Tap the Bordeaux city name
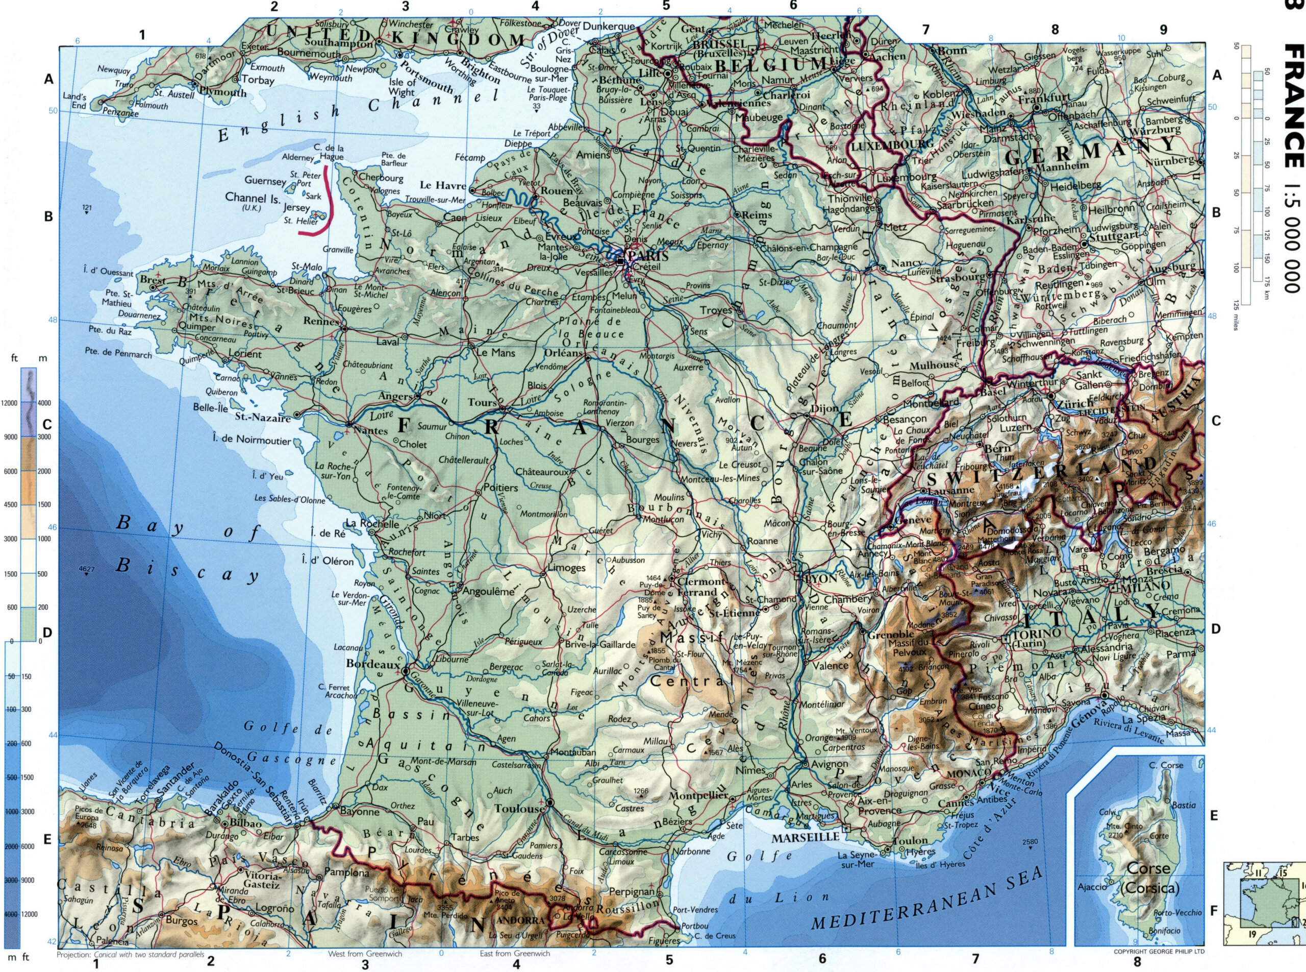coord(373,664)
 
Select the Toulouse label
coord(519,809)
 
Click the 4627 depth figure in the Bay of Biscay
coord(86,569)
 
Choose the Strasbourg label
coord(957,277)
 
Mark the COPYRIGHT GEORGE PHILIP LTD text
coord(1159,951)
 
